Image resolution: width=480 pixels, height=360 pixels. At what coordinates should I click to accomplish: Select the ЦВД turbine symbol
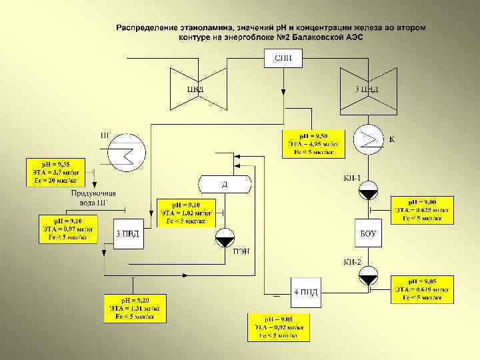tap(195, 87)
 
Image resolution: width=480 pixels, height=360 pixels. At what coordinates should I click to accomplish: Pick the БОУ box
tap(368, 233)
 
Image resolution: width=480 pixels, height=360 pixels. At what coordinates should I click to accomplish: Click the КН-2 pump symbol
tap(368, 275)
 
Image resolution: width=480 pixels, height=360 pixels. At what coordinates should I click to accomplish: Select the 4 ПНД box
tap(306, 292)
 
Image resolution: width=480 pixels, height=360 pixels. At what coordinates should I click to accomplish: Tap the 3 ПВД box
tap(128, 233)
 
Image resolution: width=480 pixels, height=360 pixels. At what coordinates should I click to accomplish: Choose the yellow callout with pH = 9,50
tap(313, 143)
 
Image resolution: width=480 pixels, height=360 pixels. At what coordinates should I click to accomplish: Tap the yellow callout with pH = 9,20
tap(134, 308)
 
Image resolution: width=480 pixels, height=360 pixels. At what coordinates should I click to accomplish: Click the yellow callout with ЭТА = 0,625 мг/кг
tap(422, 209)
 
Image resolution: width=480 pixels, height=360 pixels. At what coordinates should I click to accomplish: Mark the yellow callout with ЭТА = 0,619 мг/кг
tap(422, 289)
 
